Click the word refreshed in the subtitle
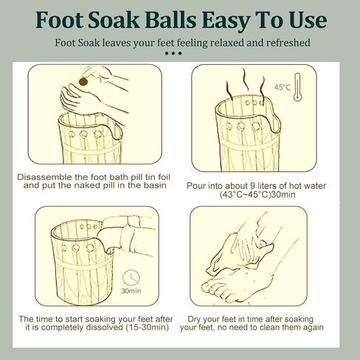[x=288, y=43]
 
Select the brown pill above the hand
[x=83, y=81]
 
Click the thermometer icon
[x=297, y=87]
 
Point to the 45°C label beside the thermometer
[x=283, y=87]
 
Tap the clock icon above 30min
[x=131, y=278]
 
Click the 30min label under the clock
[x=131, y=291]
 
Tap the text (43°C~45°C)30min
[x=257, y=195]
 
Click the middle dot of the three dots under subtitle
[x=173, y=53]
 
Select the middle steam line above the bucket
[x=245, y=79]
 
